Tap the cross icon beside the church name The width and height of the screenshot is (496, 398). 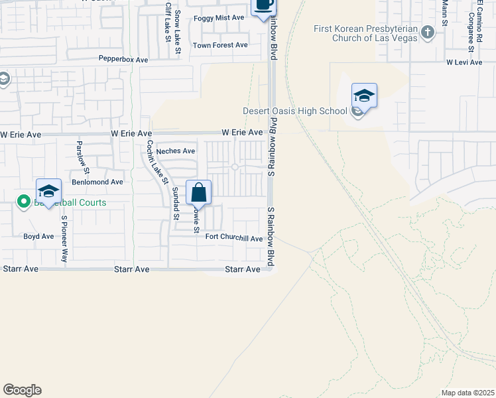tap(428, 31)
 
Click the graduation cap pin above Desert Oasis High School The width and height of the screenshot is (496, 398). tap(364, 96)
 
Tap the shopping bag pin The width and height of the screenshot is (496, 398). tap(198, 193)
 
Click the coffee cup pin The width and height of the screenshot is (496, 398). tap(263, 5)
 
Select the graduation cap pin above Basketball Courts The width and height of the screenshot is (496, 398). tap(48, 192)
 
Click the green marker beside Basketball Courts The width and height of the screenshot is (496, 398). tap(23, 201)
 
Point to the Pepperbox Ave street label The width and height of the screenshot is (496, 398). tap(123, 60)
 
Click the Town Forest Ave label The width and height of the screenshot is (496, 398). tap(220, 45)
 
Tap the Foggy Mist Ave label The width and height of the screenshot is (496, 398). tap(219, 17)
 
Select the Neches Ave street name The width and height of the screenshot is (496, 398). tap(175, 151)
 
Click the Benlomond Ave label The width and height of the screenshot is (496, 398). tap(97, 182)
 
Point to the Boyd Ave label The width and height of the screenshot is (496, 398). tap(38, 236)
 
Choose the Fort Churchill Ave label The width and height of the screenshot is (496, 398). tap(234, 238)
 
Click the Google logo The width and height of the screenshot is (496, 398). tap(22, 390)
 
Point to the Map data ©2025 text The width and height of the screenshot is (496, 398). tap(467, 393)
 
